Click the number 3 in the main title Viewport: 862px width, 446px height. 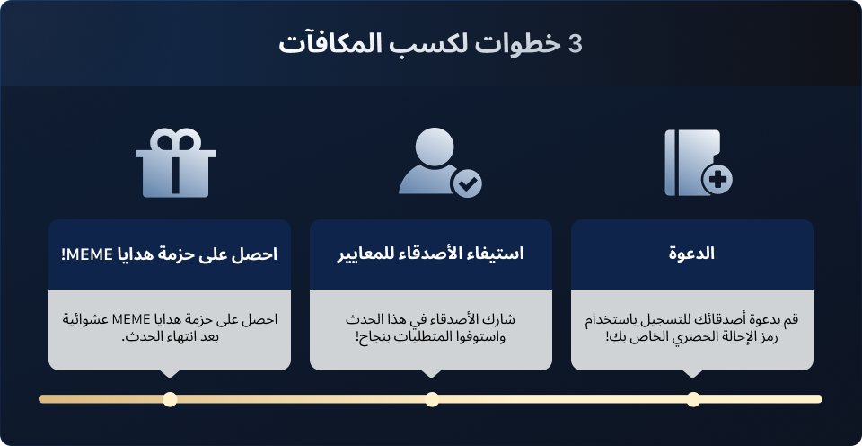(x=575, y=44)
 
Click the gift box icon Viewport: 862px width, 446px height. (x=175, y=163)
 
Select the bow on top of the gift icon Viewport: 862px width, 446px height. (x=175, y=139)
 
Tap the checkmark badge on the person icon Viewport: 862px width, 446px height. (x=467, y=184)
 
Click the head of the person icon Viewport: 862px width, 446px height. (x=435, y=147)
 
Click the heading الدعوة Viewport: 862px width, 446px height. (x=691, y=254)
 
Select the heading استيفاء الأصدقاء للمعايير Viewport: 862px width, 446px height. (x=430, y=254)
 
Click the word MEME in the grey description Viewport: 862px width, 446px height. (x=128, y=319)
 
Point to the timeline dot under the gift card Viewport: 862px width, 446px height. (x=170, y=399)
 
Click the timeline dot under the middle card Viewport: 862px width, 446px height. (x=432, y=399)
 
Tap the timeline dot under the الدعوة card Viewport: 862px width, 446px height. (x=693, y=399)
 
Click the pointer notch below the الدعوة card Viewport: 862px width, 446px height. (x=692, y=373)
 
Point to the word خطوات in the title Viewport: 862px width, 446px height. (x=520, y=44)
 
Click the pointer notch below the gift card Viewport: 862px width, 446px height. (x=170, y=373)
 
